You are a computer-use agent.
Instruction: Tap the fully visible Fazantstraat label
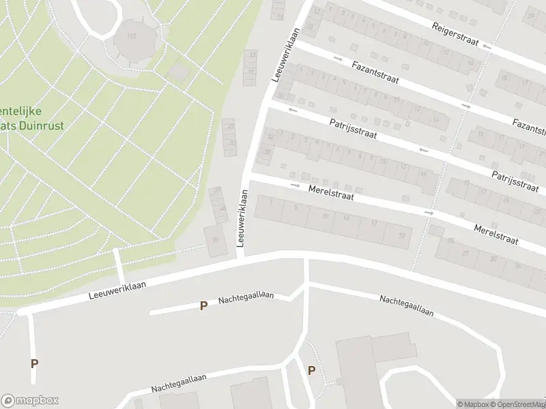point(375,76)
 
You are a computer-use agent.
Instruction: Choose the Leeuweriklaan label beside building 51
point(241,218)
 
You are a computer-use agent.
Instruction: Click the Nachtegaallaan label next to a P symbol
point(246,298)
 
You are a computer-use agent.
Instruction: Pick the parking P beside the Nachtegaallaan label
point(203,306)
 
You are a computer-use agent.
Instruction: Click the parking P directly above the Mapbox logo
point(34,363)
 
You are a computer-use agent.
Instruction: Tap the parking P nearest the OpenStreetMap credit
point(312,370)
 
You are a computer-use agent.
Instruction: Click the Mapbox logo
point(29,401)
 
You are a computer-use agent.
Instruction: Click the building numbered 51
point(216,239)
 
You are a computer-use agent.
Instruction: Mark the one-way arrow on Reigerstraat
point(486,46)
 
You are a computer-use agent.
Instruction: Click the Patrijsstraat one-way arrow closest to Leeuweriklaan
point(293,109)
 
